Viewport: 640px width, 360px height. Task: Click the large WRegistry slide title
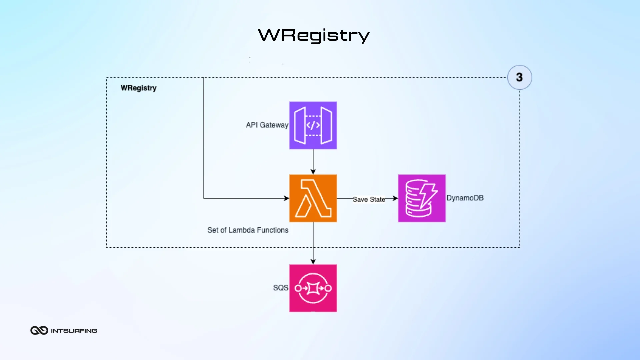(313, 35)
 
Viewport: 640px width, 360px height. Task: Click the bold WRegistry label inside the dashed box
(138, 88)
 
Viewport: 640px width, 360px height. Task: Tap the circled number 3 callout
(519, 77)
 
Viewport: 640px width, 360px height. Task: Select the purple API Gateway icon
(313, 125)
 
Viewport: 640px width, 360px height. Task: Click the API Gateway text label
(267, 125)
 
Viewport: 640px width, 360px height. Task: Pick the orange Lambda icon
(313, 198)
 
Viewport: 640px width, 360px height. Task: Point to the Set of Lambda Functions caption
(248, 230)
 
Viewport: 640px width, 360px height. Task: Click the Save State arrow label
(369, 199)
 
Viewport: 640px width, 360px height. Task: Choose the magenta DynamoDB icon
(422, 198)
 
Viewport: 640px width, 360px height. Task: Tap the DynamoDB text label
(465, 198)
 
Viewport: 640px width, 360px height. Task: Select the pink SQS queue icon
(313, 288)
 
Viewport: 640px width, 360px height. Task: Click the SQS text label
(280, 288)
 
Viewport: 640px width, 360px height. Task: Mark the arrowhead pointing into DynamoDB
(395, 198)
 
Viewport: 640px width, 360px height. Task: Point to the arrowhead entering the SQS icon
(313, 262)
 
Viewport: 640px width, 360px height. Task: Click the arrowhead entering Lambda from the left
(287, 198)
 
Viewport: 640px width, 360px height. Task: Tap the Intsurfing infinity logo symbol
(39, 330)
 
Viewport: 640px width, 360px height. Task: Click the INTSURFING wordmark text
(74, 331)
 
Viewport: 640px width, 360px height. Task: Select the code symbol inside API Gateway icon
(313, 125)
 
